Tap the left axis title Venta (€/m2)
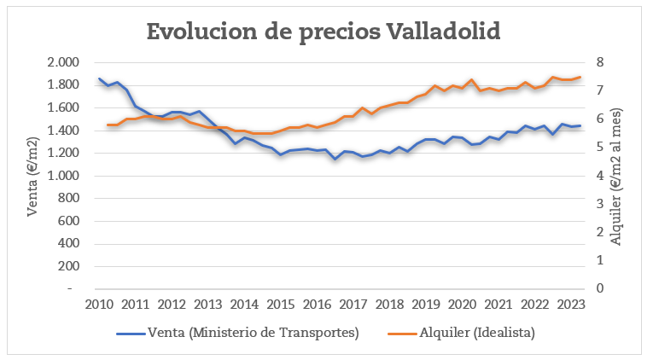[33, 176]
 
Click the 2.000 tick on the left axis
[63, 62]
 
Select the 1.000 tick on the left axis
[63, 176]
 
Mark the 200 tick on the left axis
[67, 266]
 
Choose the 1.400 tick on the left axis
[63, 131]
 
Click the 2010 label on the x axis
[99, 305]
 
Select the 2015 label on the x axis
[281, 305]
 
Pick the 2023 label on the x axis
[571, 305]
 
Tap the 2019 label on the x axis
[426, 305]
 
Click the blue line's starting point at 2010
[99, 78]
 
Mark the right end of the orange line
[580, 77]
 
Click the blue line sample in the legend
[130, 332]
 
